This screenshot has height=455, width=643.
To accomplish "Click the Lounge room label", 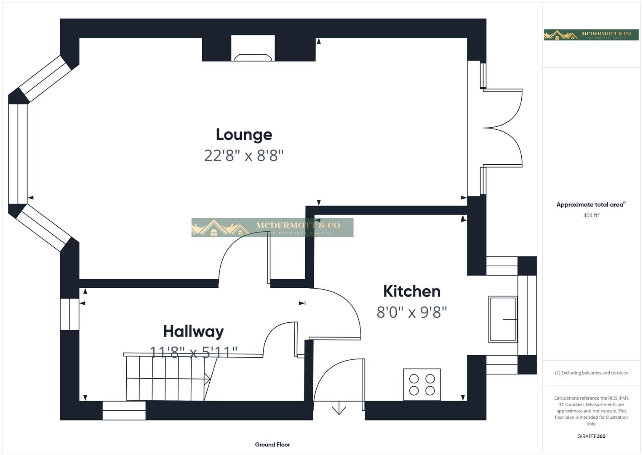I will (244, 135).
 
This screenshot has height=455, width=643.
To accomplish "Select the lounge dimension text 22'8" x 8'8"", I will (244, 156).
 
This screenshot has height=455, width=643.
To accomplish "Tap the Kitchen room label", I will (411, 292).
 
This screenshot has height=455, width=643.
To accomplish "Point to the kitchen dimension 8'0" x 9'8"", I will (411, 313).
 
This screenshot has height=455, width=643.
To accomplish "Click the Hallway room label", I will (193, 332).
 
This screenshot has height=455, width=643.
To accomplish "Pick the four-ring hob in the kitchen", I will (422, 385).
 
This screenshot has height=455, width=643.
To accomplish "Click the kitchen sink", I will (503, 319).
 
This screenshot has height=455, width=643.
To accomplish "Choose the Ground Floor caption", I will (272, 444).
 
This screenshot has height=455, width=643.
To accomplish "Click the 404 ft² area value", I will (591, 215).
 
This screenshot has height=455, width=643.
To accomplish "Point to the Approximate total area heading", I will (591, 205).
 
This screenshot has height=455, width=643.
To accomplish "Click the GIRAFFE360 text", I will (591, 436).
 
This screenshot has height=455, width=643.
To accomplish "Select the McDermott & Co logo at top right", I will (591, 35).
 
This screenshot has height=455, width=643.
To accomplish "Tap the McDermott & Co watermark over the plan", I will (272, 227).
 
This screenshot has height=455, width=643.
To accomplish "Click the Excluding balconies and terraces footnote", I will (591, 373).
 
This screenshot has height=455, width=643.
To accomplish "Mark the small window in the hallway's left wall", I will (69, 314).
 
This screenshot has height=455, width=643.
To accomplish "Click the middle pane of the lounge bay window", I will (18, 154).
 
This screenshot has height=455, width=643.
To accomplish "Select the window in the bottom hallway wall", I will (124, 410).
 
